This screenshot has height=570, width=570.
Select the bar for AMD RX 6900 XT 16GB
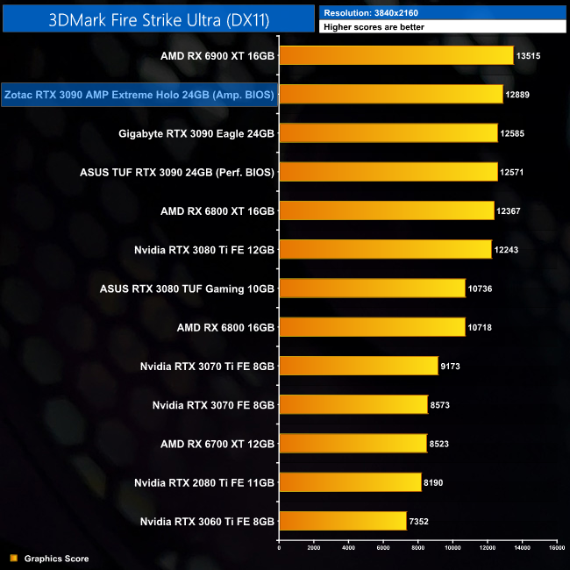[395, 56]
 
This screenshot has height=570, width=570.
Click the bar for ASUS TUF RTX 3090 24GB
[388, 172]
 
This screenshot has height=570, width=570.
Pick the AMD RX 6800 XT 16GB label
[217, 211]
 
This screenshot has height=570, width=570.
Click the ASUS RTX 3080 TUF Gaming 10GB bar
[372, 289]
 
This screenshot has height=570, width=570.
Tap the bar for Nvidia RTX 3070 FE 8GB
[353, 405]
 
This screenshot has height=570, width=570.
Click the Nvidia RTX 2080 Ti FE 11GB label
[204, 482]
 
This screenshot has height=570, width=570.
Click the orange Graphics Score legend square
[12, 558]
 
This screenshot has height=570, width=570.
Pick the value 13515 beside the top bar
[532, 56]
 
